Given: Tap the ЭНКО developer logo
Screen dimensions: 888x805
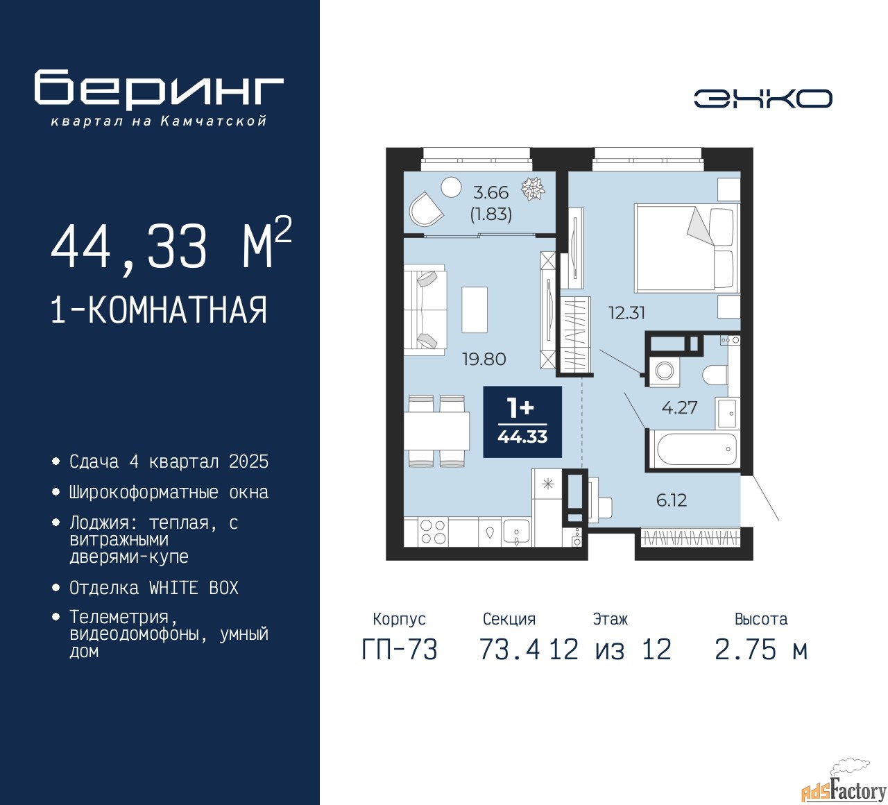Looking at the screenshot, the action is click(x=762, y=99).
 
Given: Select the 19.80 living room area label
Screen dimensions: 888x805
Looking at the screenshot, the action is click(x=484, y=359).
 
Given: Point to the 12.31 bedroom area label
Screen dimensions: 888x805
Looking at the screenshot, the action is click(x=627, y=313).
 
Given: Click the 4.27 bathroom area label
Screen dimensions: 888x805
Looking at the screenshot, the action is click(x=679, y=407).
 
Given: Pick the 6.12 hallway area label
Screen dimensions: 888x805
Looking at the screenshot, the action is click(x=672, y=500).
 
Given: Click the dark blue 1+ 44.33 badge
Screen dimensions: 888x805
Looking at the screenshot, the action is click(x=522, y=421).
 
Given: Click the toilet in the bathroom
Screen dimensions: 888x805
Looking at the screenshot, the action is click(x=715, y=375).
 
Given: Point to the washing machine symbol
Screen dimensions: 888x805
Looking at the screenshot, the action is click(x=665, y=370).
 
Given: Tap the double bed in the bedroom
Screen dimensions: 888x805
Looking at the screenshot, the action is click(x=687, y=248).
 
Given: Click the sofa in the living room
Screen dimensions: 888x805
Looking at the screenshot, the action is click(x=425, y=310).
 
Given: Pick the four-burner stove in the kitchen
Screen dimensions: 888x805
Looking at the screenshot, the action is click(x=433, y=532).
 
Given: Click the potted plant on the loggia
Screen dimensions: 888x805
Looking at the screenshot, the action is click(x=533, y=189).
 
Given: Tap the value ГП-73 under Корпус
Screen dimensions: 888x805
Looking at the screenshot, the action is click(x=400, y=650).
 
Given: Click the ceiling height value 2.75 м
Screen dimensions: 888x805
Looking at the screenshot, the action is click(x=761, y=650).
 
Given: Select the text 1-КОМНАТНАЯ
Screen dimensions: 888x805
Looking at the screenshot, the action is click(x=159, y=310).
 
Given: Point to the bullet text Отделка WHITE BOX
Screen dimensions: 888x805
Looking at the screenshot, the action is click(x=153, y=588).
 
